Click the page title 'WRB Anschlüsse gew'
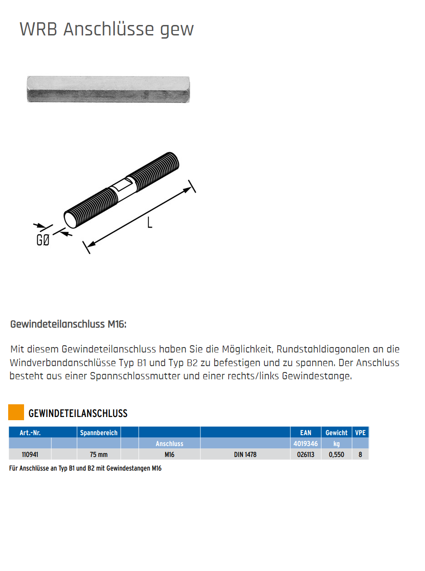(x=107, y=30)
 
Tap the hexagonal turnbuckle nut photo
(x=108, y=89)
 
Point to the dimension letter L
(x=149, y=223)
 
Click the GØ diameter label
(x=43, y=240)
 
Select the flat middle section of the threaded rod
(x=122, y=187)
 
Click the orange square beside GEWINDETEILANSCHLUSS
(x=16, y=412)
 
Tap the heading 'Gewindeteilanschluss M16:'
(x=68, y=325)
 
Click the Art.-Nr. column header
(x=30, y=433)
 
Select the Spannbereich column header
(x=99, y=433)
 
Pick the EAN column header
(x=306, y=433)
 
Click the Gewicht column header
(x=336, y=433)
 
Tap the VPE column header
(x=360, y=433)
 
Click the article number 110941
(x=30, y=454)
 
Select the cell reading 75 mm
(x=99, y=454)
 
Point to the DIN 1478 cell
(x=245, y=454)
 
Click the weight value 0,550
(x=336, y=454)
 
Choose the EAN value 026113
(x=306, y=454)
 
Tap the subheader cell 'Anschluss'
(x=169, y=444)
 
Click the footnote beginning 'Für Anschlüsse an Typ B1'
(x=85, y=468)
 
